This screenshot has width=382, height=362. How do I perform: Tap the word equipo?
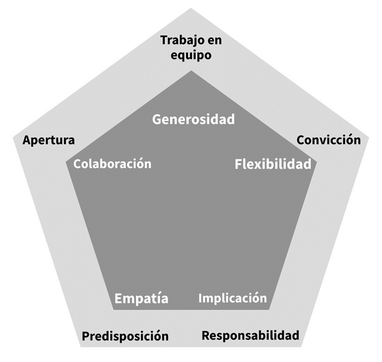(190, 54)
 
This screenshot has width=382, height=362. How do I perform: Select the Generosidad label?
(193, 119)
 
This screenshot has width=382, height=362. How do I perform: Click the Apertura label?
(49, 141)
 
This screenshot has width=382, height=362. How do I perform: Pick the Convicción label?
(329, 140)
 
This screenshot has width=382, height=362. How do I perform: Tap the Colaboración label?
(112, 164)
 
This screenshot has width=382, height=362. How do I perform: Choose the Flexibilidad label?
(272, 164)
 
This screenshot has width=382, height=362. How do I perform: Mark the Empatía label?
(141, 299)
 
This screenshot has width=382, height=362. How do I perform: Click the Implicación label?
(233, 298)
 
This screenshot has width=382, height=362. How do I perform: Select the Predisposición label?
(125, 336)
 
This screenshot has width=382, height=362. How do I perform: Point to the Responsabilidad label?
(251, 335)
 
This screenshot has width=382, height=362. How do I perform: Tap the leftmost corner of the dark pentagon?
(64, 160)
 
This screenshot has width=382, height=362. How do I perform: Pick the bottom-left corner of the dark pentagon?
(112, 309)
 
